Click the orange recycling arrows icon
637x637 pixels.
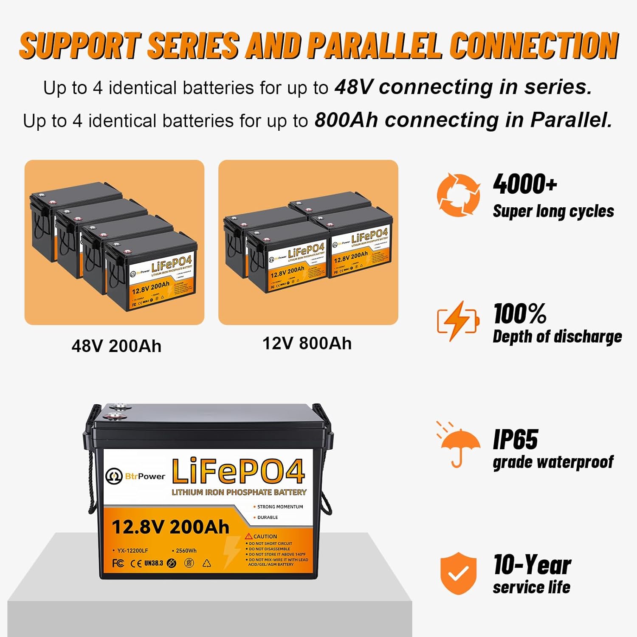click(x=459, y=195)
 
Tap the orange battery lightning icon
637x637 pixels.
click(x=458, y=321)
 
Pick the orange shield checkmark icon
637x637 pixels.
click(x=458, y=573)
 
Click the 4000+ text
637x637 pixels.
click(x=525, y=184)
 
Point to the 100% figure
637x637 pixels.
click(x=520, y=314)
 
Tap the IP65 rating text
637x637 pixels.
click(x=515, y=439)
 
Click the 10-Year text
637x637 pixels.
click(x=532, y=565)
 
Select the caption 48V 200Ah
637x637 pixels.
click(x=116, y=346)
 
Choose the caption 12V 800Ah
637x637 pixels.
click(x=307, y=343)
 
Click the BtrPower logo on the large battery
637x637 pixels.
click(x=135, y=476)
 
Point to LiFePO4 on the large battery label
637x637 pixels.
click(x=238, y=471)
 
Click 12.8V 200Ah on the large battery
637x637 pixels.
click(x=170, y=527)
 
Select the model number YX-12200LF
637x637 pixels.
click(x=132, y=551)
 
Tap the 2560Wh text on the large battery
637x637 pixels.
click(x=185, y=551)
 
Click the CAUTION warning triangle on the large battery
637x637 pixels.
click(x=249, y=537)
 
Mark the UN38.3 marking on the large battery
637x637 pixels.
click(x=153, y=563)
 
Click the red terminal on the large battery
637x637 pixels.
click(x=115, y=417)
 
